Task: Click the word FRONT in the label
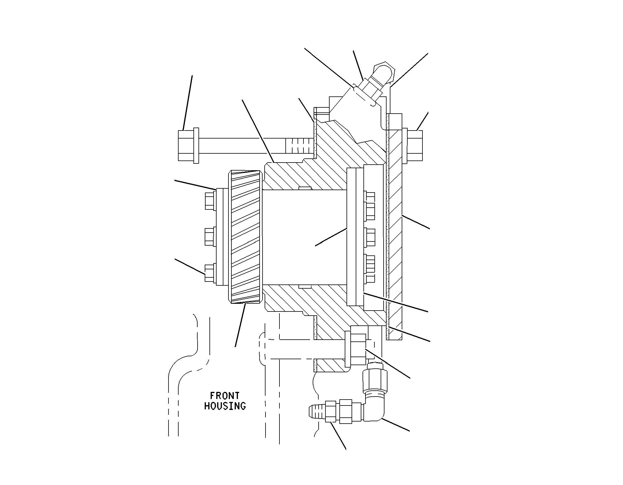point(225,395)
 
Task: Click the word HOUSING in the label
point(225,406)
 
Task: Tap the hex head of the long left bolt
point(186,146)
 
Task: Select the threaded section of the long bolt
point(300,146)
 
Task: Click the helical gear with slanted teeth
point(245,237)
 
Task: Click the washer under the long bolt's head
point(196,146)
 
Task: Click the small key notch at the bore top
point(305,188)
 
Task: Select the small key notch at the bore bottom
point(305,286)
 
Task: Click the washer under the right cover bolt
point(405,146)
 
